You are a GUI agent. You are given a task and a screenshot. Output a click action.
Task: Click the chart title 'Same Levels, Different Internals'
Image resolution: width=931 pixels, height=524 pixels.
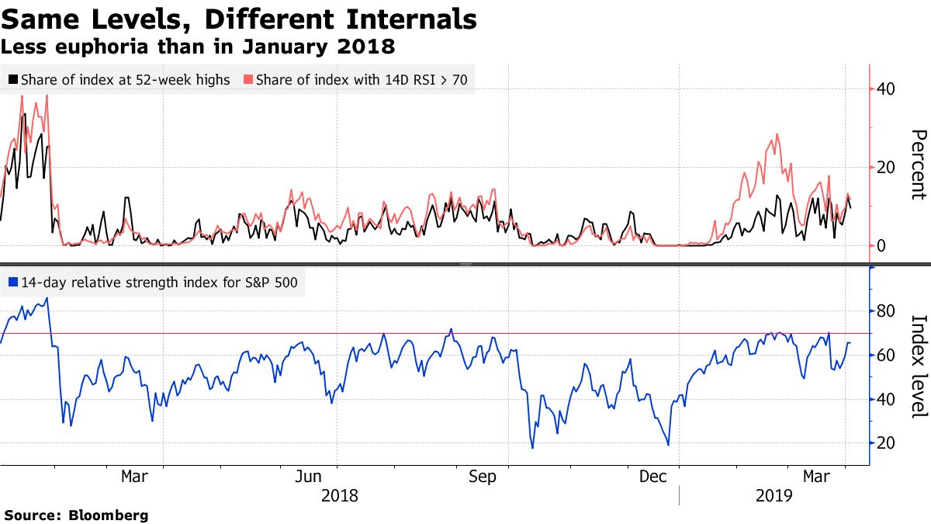click(238, 18)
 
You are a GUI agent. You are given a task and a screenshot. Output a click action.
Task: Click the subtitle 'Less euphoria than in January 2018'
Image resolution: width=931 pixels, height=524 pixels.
click(198, 47)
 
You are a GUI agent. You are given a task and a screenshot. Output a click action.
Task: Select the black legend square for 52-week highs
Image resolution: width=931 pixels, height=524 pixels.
click(13, 79)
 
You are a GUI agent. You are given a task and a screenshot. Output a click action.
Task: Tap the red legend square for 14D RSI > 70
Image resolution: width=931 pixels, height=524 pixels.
click(248, 79)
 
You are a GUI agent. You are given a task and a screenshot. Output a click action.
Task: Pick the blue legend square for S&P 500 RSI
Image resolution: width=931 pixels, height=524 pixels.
click(13, 283)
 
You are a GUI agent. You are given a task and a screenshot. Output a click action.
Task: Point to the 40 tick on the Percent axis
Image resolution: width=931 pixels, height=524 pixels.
click(886, 89)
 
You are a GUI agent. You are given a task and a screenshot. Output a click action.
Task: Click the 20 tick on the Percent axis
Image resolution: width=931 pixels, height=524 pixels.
click(886, 168)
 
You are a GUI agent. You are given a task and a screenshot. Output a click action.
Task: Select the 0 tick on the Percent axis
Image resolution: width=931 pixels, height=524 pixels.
click(882, 246)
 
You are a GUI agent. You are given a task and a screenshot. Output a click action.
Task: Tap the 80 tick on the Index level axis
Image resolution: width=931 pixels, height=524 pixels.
click(886, 312)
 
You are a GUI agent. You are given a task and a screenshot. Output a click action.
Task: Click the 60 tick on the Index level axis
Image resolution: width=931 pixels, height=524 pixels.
click(886, 356)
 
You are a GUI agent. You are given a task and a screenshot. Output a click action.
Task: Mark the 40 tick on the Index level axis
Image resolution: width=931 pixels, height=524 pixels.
click(886, 400)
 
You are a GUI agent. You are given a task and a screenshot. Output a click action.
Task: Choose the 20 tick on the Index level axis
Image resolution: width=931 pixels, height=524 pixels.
click(886, 443)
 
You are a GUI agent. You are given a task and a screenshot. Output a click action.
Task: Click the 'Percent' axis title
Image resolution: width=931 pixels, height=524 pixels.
click(917, 165)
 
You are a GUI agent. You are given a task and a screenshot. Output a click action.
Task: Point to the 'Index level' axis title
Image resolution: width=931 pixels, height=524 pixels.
click(917, 366)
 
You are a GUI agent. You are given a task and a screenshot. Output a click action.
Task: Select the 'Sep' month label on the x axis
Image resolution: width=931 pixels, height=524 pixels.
click(482, 476)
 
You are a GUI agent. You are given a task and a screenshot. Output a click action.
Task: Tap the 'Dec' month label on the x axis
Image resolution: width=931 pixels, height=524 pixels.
click(654, 476)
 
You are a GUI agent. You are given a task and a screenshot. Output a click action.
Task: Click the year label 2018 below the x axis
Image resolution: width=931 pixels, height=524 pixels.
click(339, 495)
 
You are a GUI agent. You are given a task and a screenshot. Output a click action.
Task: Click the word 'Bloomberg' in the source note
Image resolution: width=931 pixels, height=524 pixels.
click(109, 515)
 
